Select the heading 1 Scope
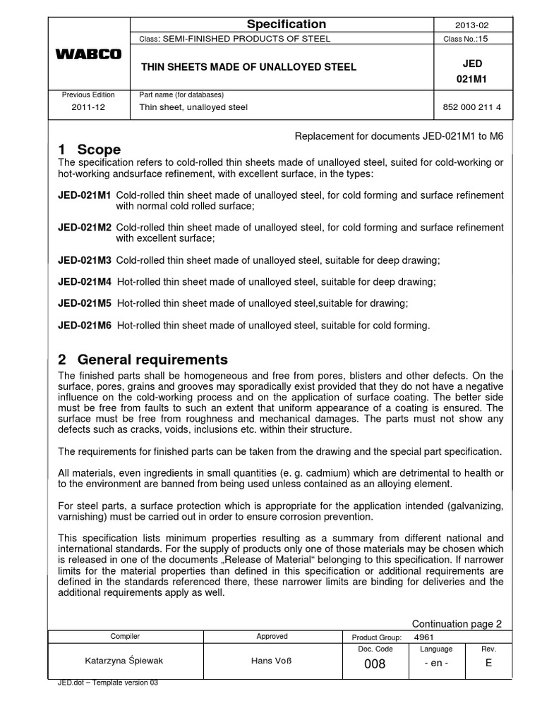[x=89, y=149]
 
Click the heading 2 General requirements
[x=143, y=359]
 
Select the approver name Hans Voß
[x=272, y=663]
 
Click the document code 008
[x=374, y=664]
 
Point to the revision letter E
[x=488, y=663]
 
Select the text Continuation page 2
[x=457, y=623]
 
